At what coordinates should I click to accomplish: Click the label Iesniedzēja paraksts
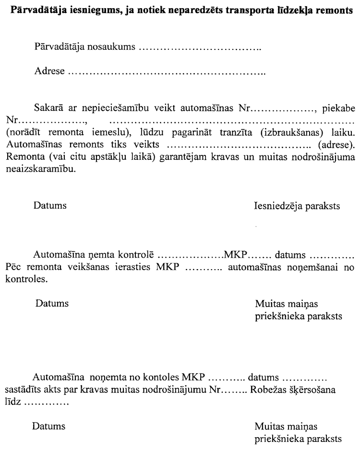[x=296, y=207]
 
